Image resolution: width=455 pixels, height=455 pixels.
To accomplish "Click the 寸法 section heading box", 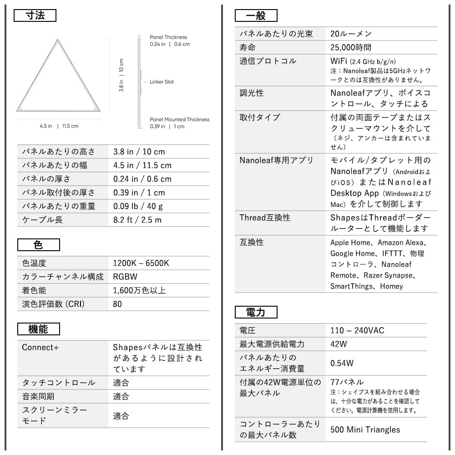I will click(35, 16).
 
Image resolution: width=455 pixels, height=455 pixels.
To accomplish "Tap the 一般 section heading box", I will click(256, 16).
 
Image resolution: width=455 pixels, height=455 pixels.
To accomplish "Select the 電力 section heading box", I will click(256, 312).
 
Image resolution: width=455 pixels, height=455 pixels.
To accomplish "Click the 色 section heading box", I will click(38, 245).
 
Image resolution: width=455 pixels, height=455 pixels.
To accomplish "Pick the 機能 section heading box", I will click(38, 329).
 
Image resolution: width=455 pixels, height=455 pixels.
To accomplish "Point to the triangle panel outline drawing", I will click(58, 77).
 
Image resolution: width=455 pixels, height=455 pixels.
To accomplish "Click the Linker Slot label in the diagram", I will click(162, 82).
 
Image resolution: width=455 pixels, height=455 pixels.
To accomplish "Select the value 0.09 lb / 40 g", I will click(138, 206).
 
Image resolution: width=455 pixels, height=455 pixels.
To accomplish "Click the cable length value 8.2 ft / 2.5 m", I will click(137, 220).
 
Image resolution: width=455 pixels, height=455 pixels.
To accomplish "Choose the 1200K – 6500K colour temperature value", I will click(141, 263).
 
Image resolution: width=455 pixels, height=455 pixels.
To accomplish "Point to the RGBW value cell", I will click(125, 277).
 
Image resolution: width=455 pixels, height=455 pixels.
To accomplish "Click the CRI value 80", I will click(117, 304).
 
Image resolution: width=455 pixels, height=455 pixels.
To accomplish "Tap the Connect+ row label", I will click(40, 347).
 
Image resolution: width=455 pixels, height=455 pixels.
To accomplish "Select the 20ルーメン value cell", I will click(351, 34).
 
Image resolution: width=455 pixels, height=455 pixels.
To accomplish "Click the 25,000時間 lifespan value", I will click(351, 47).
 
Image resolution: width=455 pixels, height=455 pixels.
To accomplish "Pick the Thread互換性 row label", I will click(265, 217).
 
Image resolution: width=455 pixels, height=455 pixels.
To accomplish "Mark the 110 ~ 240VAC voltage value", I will click(357, 330).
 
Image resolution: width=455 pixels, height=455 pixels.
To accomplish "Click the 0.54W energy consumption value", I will click(342, 363).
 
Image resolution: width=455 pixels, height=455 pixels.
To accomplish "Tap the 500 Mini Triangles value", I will click(365, 430).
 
